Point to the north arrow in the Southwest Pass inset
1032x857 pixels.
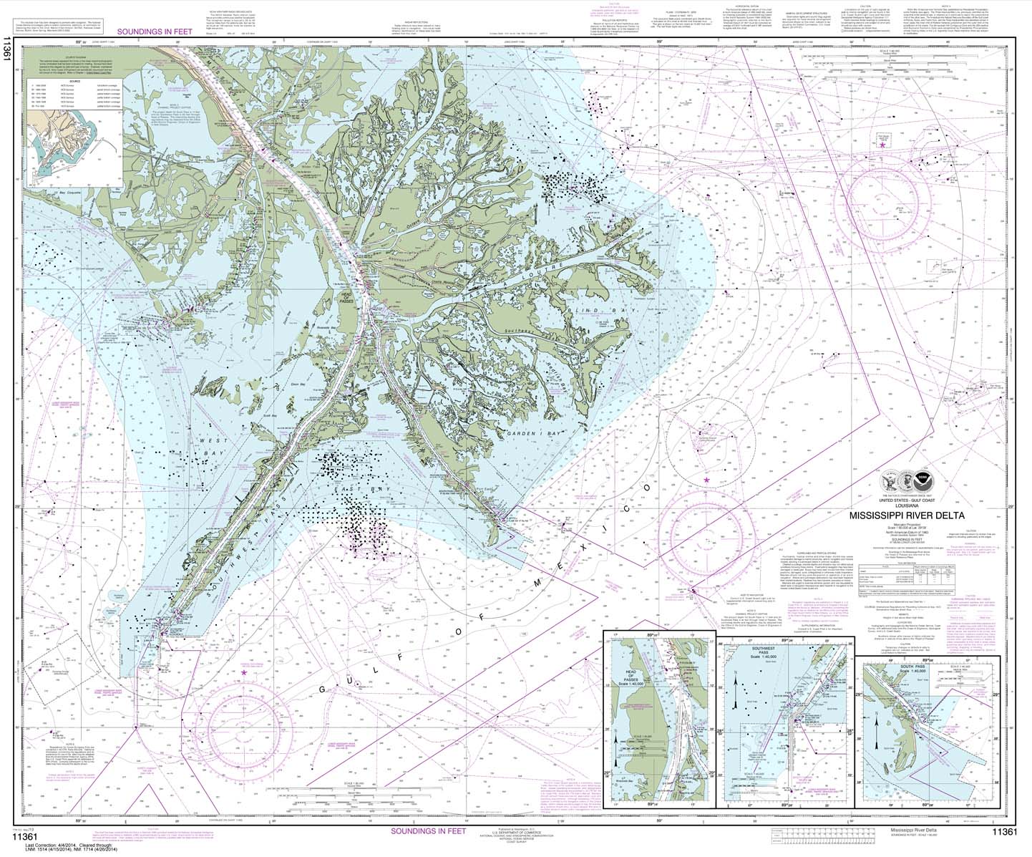point(736,684)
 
